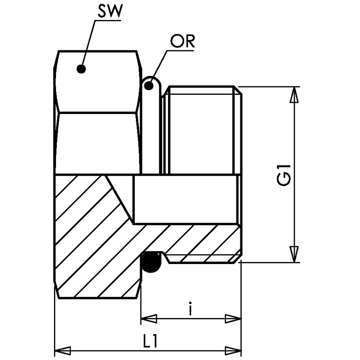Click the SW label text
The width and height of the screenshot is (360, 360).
click(109, 11)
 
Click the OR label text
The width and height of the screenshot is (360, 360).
click(182, 41)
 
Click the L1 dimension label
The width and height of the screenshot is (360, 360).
click(150, 341)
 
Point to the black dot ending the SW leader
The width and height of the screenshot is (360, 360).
click(81, 69)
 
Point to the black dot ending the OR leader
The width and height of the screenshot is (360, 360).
click(149, 86)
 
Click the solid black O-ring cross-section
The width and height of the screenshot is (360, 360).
click(151, 262)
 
